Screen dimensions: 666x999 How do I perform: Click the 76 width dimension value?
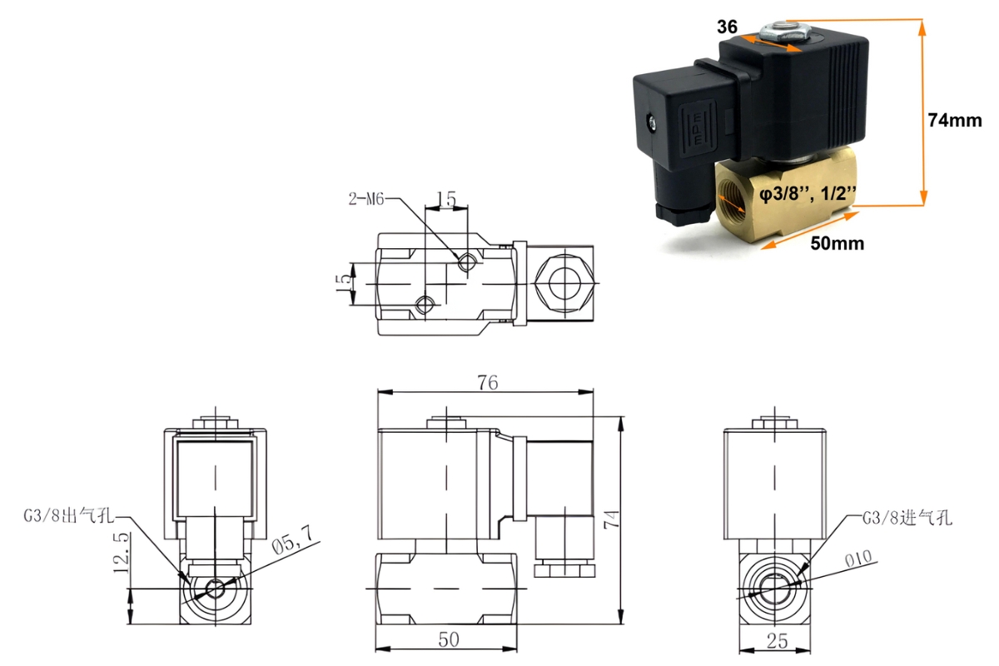(487, 383)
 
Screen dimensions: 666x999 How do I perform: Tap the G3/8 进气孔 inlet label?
(907, 518)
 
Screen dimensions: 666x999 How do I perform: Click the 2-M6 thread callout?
(366, 200)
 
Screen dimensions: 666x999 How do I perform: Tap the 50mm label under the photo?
(837, 244)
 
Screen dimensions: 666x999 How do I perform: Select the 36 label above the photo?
(727, 27)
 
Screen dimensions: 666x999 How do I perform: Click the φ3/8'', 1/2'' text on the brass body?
(808, 194)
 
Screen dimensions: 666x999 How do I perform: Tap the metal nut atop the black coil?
(784, 33)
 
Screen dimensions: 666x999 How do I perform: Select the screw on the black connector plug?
(650, 125)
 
